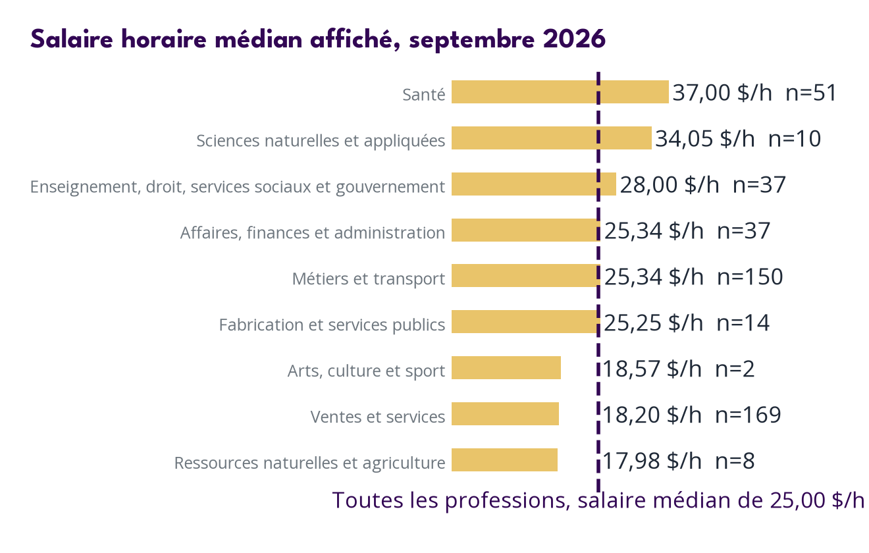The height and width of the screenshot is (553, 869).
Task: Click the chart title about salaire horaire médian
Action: [x=318, y=39]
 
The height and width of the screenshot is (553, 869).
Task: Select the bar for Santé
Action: [x=560, y=92]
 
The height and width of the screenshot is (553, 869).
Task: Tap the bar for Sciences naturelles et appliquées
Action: [x=551, y=138]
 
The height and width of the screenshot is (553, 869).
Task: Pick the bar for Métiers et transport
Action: [x=525, y=276]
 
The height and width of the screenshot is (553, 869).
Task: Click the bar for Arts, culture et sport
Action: [x=506, y=367]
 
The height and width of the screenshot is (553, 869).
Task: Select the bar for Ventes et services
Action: [x=505, y=413]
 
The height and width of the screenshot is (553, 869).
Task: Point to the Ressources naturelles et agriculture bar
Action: [x=504, y=460]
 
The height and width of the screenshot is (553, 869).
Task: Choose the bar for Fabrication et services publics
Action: [x=525, y=322]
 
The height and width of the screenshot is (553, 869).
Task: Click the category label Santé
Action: [x=424, y=94]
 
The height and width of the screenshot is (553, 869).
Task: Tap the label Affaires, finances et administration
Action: [x=312, y=233]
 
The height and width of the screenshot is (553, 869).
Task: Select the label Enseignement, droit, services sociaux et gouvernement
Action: [x=238, y=187]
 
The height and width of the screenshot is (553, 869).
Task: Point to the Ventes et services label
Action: [x=377, y=417]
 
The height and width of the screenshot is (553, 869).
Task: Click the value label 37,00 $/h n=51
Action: [x=754, y=93]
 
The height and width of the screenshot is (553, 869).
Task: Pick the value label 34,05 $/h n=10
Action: [x=738, y=138]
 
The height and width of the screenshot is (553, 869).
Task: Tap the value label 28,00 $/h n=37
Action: [x=702, y=185]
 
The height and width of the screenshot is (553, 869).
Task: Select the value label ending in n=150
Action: [x=693, y=276]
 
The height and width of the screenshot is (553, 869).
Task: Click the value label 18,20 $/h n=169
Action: [x=691, y=415]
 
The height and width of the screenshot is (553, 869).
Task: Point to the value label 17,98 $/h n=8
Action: [x=678, y=461]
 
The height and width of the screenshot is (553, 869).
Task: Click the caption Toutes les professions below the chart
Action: [x=598, y=500]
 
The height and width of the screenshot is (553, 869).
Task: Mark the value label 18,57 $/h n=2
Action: [x=678, y=369]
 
